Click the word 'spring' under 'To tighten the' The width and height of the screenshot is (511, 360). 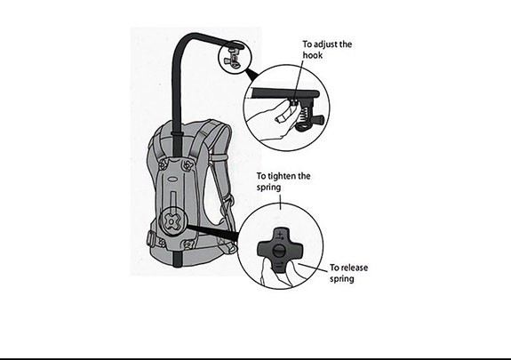click(x=269, y=188)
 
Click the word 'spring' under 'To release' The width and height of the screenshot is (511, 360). click(x=342, y=279)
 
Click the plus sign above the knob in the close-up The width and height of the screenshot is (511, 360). click(x=280, y=234)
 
